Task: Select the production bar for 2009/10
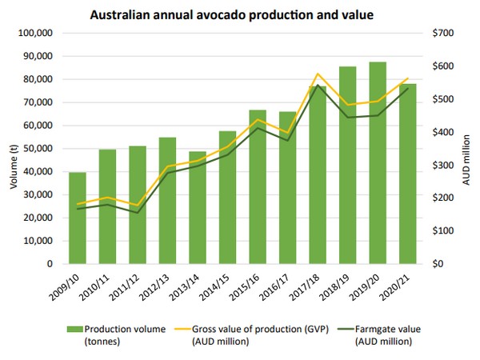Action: coord(78,218)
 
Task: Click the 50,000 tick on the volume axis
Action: coord(37,149)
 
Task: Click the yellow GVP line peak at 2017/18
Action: coord(318,74)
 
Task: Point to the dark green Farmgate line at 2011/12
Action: coord(138,212)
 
